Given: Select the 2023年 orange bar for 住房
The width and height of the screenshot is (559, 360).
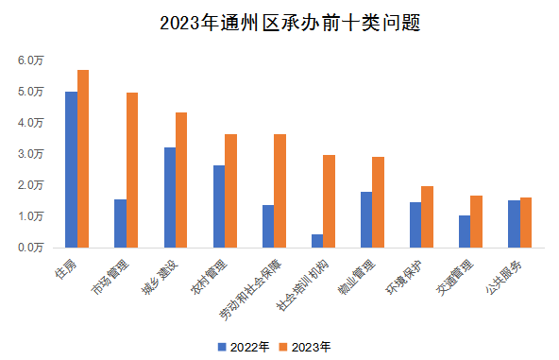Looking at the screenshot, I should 83,159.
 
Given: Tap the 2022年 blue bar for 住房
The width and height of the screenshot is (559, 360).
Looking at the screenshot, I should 71,169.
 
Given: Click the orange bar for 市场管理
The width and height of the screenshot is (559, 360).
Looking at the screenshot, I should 132,170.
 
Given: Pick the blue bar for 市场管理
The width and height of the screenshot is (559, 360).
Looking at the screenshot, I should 120,223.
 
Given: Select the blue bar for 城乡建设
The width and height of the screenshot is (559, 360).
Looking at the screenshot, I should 169,197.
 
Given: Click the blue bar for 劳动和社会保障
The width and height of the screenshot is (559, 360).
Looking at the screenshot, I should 268,226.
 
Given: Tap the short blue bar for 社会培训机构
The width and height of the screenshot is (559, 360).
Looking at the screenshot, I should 317,240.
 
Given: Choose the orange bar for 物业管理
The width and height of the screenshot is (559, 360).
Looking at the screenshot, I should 379,201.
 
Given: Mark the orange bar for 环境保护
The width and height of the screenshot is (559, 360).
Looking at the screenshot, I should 428,216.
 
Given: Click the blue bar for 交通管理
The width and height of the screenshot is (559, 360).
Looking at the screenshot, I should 465,231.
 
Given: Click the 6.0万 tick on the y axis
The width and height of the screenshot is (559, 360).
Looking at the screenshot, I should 30,60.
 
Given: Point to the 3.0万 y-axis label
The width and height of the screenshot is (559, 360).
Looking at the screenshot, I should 30,153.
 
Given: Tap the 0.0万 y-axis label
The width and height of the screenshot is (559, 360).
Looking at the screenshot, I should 30,247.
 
